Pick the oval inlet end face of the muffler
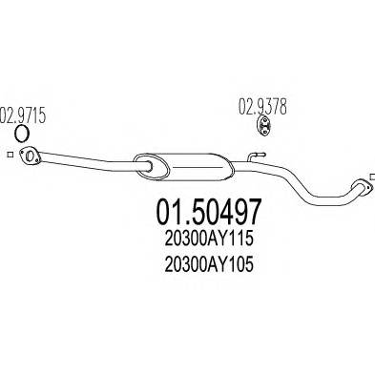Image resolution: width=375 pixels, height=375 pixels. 145,163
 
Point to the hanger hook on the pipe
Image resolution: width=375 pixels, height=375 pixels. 256,154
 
